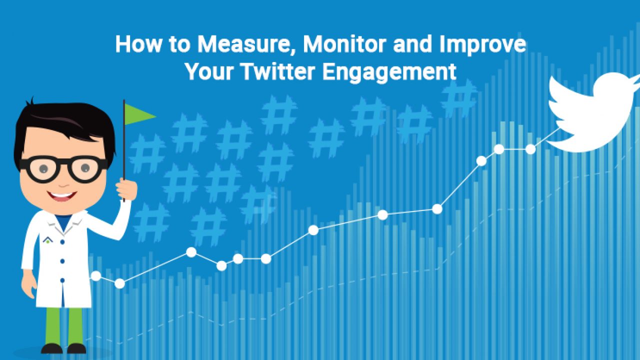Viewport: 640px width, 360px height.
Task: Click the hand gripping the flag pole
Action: click(x=126, y=189)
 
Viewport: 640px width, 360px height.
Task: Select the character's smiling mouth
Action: click(x=61, y=196)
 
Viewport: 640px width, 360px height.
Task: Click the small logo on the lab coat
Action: click(x=47, y=240)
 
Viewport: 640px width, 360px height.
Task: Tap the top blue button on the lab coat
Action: click(x=62, y=242)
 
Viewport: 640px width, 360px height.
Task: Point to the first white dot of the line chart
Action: click(x=95, y=276)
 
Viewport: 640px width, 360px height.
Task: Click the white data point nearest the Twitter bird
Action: click(x=530, y=149)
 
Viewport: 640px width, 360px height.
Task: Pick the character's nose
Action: click(x=63, y=183)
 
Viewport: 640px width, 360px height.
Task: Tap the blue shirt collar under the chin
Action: click(x=63, y=221)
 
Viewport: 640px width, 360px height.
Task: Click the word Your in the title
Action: click(x=209, y=71)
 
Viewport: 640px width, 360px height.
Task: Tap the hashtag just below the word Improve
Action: click(x=459, y=98)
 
